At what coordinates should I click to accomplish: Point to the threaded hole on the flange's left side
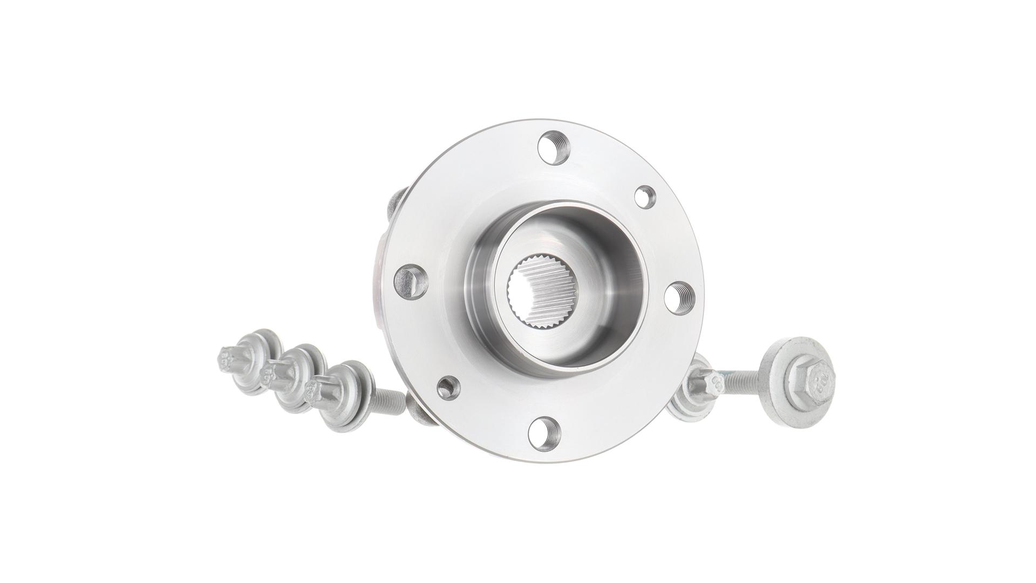pos(411,280)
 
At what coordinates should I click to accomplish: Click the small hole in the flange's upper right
pos(644,195)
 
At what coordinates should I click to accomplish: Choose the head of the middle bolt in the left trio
pos(270,371)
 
